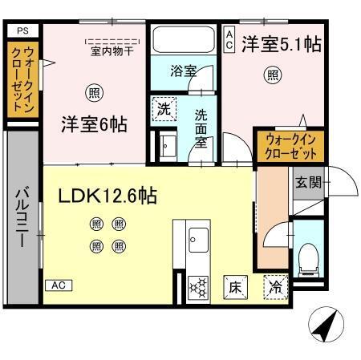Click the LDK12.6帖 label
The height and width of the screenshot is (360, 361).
[107, 195]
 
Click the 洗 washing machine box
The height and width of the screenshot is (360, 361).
[164, 109]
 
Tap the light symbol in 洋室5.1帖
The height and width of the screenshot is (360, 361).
[273, 76]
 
